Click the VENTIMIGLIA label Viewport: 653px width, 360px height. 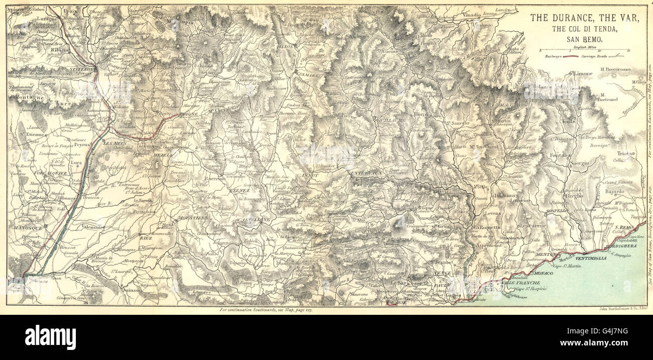593,258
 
